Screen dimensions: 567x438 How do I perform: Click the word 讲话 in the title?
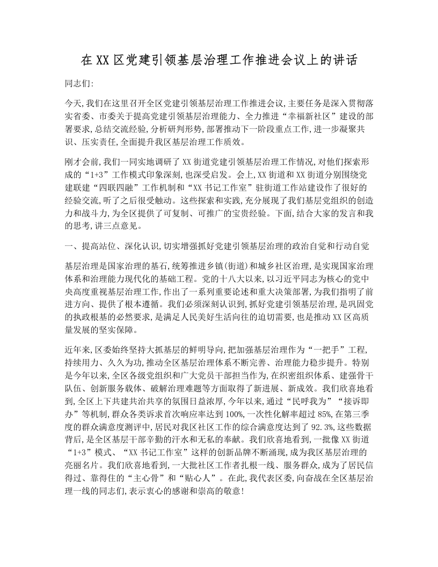coord(344,60)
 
